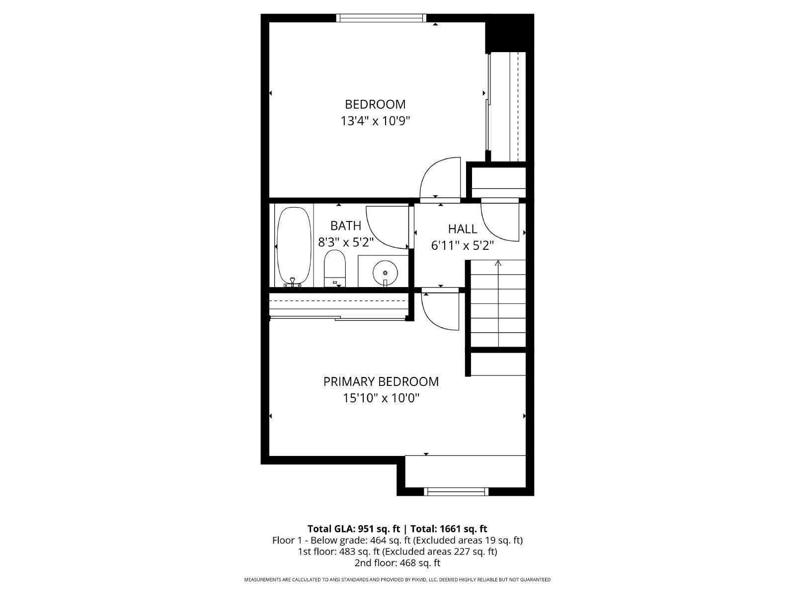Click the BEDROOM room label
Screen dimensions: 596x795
375,104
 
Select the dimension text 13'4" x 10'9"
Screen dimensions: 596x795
375,121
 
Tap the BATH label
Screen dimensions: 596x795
346,226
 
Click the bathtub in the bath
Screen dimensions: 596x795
294,246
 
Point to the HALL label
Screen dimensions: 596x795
463,229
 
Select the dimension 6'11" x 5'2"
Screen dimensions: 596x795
463,245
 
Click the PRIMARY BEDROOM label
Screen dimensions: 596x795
381,381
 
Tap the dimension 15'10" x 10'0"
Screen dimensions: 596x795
381,398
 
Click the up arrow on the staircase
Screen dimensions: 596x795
498,264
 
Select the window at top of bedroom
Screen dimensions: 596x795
381,18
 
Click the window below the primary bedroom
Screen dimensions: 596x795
456,492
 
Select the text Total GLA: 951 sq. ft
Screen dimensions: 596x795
354,528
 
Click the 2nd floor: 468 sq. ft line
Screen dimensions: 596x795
397,563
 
